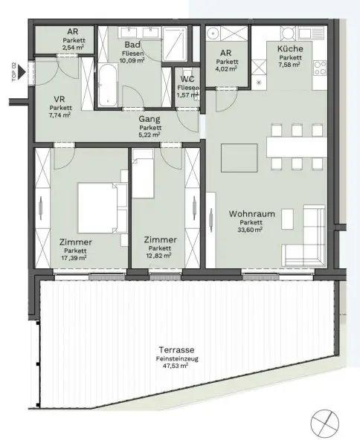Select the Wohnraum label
tap(252, 214)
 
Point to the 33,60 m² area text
tap(252, 230)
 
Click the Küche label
tap(290, 49)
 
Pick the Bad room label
tap(134, 44)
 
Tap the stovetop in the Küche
tap(322, 68)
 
